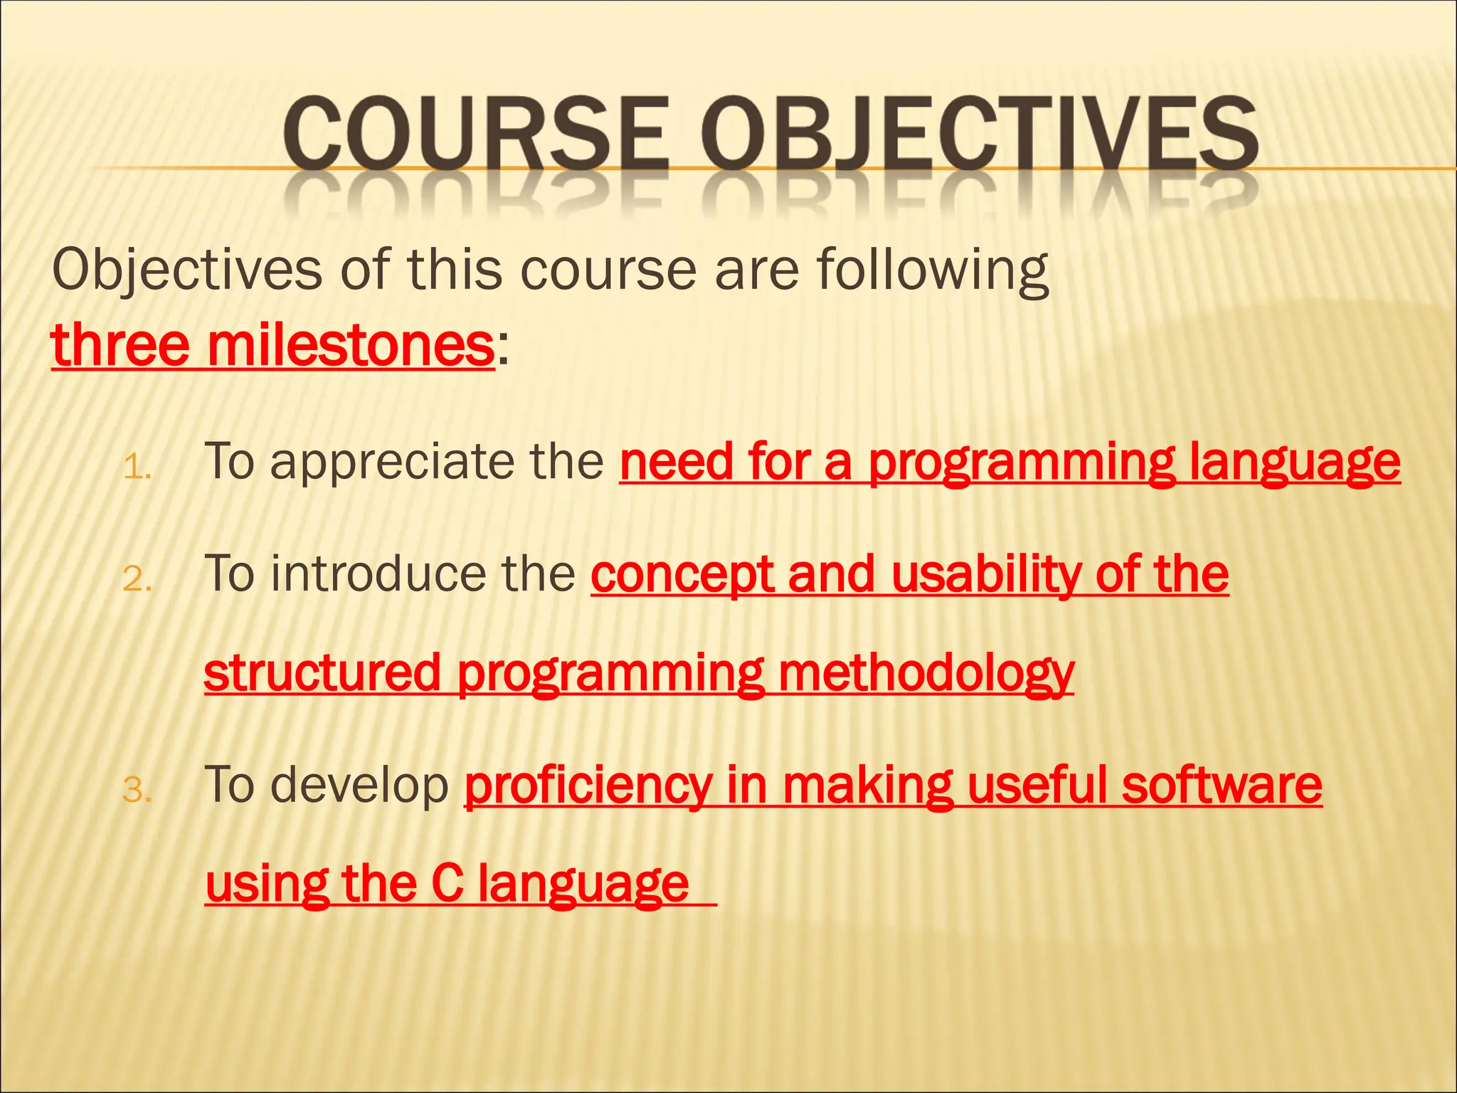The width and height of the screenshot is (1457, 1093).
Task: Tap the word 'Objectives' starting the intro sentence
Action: coord(187,270)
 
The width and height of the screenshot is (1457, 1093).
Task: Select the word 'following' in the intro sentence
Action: coord(932,270)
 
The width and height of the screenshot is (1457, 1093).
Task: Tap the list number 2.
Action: coord(137,580)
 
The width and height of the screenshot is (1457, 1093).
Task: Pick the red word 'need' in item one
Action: coord(676,463)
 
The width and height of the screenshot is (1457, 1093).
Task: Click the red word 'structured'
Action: coord(322,672)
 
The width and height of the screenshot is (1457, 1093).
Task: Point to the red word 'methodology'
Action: coord(926,672)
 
